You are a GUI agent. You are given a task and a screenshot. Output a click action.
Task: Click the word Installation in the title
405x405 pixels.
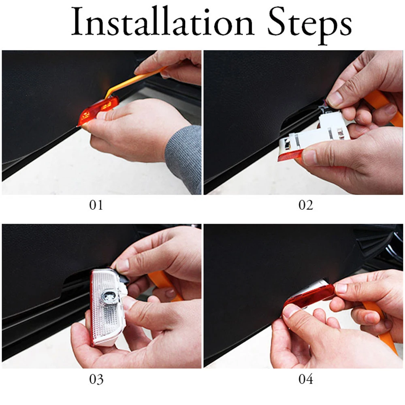(x=163, y=22)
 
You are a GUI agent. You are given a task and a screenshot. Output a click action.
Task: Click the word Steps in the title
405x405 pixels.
(x=309, y=25)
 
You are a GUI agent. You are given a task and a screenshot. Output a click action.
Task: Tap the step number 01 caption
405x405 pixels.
(x=96, y=205)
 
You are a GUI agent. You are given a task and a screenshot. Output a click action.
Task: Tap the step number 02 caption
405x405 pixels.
(x=305, y=205)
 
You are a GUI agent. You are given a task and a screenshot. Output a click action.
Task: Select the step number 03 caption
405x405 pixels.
(x=96, y=379)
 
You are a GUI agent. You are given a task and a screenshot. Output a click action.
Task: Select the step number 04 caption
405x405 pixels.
(x=305, y=379)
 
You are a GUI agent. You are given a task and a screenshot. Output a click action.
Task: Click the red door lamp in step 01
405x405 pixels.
(x=98, y=111)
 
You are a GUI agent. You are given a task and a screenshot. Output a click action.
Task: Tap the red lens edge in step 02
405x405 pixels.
(x=289, y=156)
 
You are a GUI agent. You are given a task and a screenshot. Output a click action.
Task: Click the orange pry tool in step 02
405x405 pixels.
(x=382, y=106)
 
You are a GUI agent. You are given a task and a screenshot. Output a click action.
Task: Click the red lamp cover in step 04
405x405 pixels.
(x=309, y=295)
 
